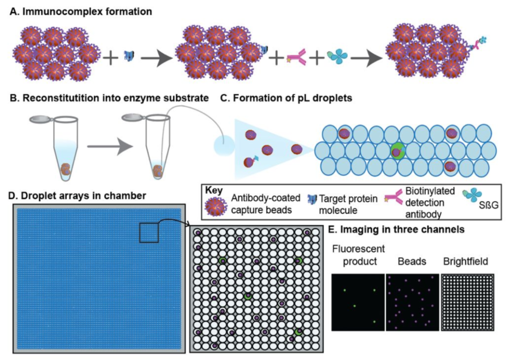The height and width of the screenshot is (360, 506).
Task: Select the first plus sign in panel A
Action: click(111, 58)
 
